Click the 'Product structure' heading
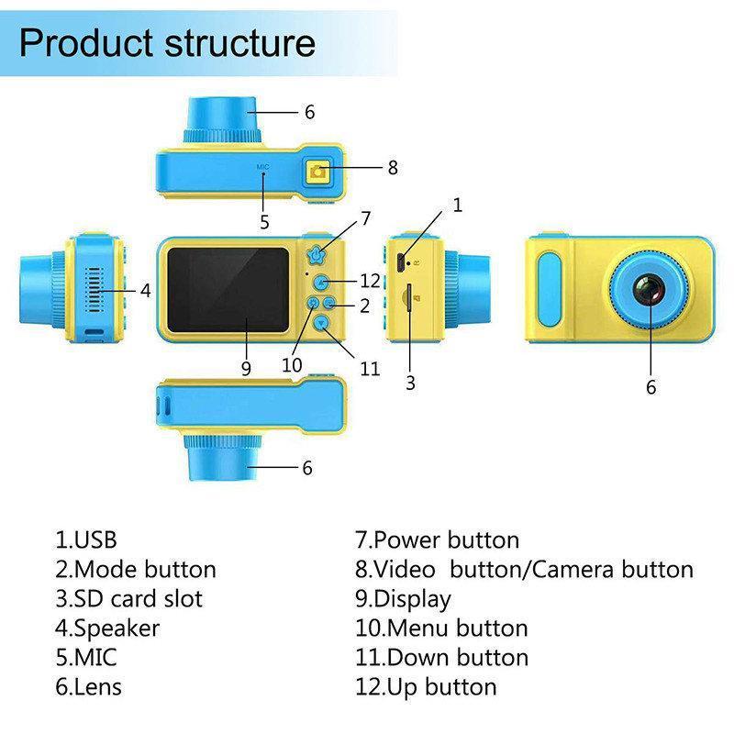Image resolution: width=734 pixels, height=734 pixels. [167, 43]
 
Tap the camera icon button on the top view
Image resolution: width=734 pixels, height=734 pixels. [318, 171]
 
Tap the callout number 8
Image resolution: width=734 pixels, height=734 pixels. [393, 168]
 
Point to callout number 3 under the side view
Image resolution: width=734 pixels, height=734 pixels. [410, 384]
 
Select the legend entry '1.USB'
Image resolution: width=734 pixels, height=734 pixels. [86, 539]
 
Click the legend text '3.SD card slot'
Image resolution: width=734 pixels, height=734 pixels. [128, 599]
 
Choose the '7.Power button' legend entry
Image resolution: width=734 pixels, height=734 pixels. [437, 539]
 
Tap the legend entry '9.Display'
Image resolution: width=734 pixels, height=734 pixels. [403, 599]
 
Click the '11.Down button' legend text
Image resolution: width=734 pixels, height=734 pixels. [441, 657]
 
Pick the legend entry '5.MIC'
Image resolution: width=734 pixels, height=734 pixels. [86, 657]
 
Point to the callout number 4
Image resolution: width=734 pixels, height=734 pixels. [145, 291]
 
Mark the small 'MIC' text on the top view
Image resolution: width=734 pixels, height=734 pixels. [262, 166]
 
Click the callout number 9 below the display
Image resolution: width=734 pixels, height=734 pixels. [246, 369]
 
